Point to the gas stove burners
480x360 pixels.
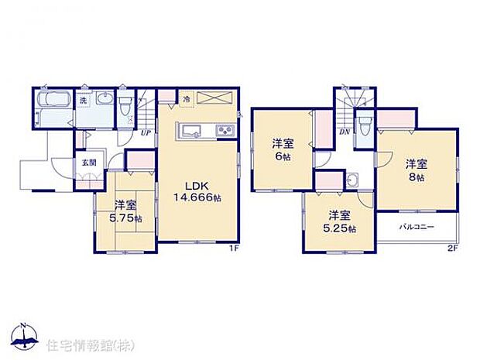pyautogui.click(x=225, y=129)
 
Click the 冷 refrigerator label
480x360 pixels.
pyautogui.click(x=187, y=99)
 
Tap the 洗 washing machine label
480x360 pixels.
pyautogui.click(x=82, y=101)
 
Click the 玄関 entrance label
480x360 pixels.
pyautogui.click(x=91, y=163)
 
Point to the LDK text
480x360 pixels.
pyautogui.click(x=194, y=186)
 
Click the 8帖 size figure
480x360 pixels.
pyautogui.click(x=417, y=177)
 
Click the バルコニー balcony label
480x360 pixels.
pyautogui.click(x=417, y=228)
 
